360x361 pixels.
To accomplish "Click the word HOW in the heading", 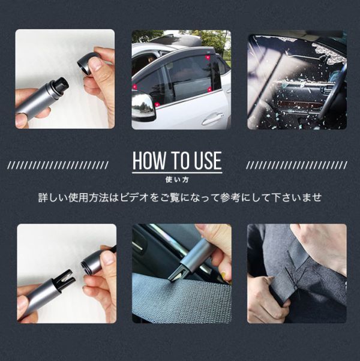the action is (x=149, y=161).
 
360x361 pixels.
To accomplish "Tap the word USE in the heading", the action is (x=208, y=161).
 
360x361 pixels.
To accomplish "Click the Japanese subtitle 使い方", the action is (x=177, y=179).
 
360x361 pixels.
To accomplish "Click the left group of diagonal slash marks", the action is (x=58, y=165).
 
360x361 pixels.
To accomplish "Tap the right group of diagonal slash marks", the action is (x=296, y=165).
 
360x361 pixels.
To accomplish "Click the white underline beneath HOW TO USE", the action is (x=177, y=172).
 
